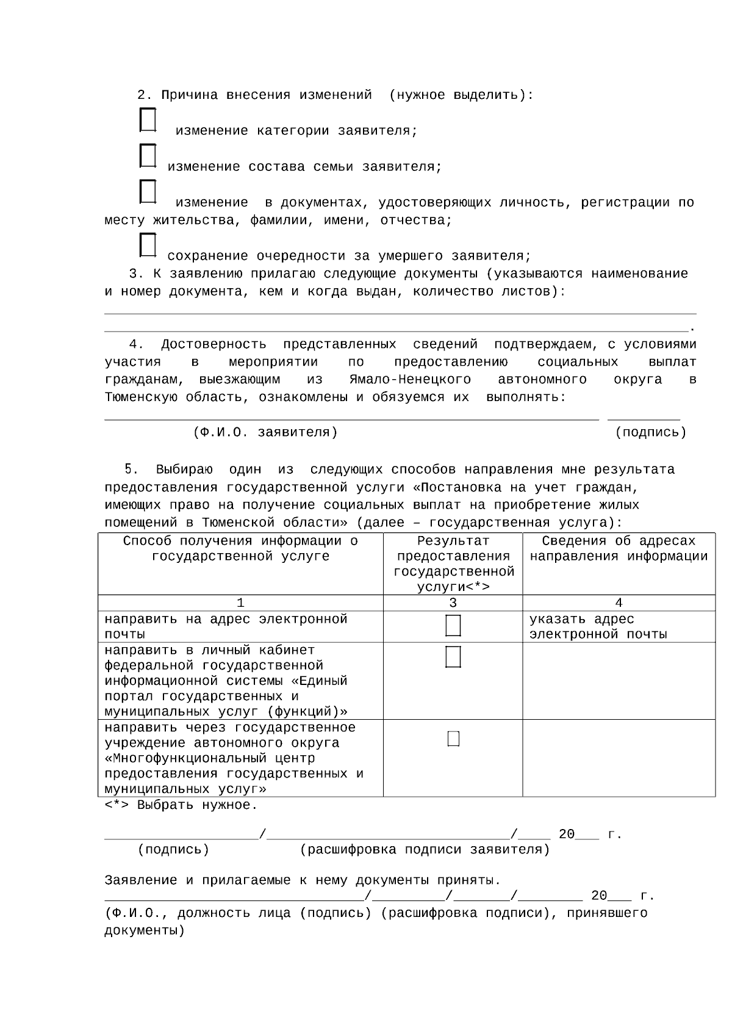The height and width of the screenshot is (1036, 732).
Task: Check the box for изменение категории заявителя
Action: [x=148, y=120]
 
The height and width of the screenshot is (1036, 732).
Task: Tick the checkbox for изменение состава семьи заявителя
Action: [x=148, y=156]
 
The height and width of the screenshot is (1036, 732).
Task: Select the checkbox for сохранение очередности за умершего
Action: [x=148, y=245]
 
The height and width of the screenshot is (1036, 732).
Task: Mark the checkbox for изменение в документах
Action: [x=148, y=191]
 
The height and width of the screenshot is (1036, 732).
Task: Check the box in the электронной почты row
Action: [x=453, y=626]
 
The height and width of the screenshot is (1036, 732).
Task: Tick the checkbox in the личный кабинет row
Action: [x=453, y=657]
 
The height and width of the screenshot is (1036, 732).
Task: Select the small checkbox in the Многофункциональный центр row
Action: [x=453, y=739]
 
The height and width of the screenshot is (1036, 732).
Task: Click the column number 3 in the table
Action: [x=453, y=603]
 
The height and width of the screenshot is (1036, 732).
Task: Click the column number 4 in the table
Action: [x=619, y=603]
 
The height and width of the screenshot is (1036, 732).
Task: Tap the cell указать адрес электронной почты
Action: [x=598, y=627]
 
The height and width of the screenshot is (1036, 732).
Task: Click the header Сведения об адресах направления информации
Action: [x=619, y=549]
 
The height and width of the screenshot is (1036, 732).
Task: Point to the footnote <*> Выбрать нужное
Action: [x=181, y=805]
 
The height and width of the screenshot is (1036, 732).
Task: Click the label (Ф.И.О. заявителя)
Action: [x=265, y=433]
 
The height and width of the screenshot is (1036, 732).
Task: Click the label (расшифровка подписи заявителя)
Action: [x=425, y=850]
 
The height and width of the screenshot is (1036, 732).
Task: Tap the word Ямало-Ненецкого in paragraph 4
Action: [x=410, y=380]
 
